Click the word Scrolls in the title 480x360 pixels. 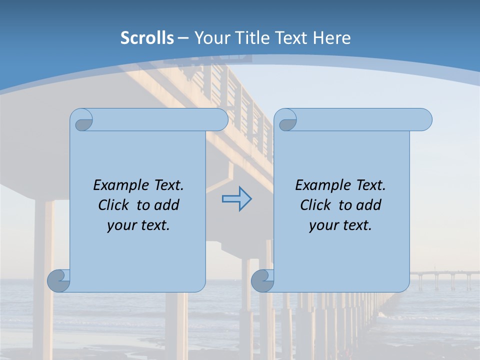[147, 38]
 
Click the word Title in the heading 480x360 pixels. [249, 38]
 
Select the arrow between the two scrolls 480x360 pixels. [236, 199]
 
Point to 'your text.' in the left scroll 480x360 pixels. [138, 225]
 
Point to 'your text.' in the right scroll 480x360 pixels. [340, 225]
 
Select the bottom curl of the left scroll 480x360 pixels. [58, 281]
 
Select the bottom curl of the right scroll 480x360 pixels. [262, 281]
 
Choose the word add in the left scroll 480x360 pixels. [167, 205]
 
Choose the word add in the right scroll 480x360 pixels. [369, 205]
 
